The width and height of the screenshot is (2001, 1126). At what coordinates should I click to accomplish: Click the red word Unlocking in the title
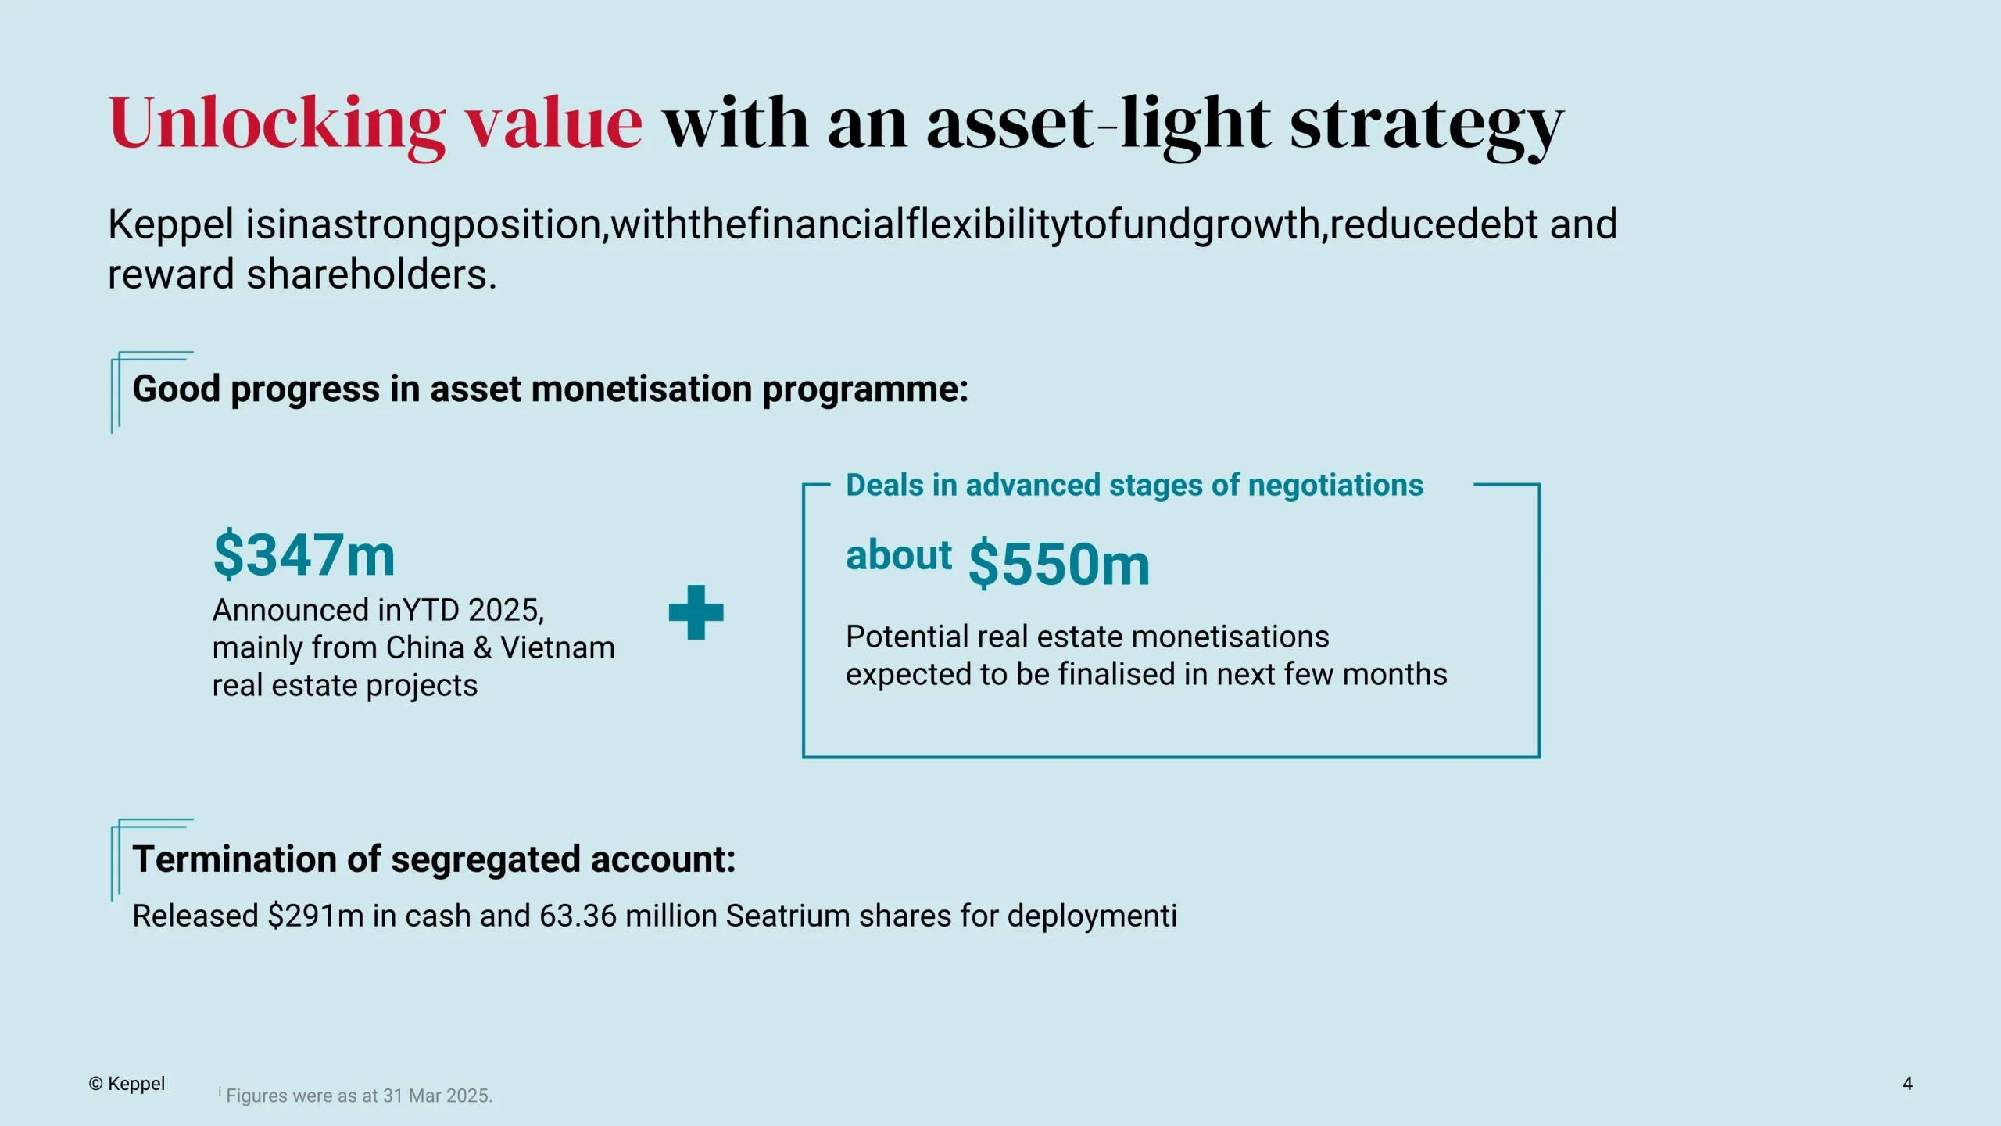click(x=277, y=126)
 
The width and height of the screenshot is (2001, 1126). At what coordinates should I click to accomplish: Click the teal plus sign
click(x=696, y=612)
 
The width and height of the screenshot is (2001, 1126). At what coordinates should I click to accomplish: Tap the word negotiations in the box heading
click(x=1336, y=486)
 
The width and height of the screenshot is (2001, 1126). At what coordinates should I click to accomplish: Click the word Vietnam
click(x=557, y=647)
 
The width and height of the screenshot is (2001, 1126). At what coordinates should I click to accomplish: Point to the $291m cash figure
click(x=315, y=916)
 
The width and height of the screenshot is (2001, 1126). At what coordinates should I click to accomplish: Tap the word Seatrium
click(x=788, y=916)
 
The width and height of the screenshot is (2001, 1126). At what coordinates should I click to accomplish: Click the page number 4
click(x=1907, y=1084)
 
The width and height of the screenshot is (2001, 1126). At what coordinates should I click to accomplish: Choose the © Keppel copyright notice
click(x=127, y=1084)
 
